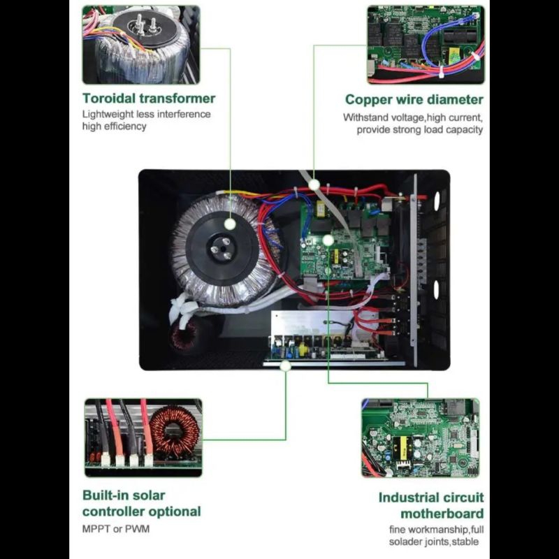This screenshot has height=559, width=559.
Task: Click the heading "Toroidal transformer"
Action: (x=149, y=99)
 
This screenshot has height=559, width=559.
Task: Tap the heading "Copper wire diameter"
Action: (x=414, y=99)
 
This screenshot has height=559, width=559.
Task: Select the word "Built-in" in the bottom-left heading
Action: (x=104, y=495)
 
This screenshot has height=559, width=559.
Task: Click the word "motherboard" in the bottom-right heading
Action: (x=442, y=514)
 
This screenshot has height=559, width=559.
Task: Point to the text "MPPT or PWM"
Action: (x=116, y=529)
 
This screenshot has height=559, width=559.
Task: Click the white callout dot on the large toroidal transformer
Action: (x=230, y=224)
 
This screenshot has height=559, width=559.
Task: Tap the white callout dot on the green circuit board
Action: (x=328, y=240)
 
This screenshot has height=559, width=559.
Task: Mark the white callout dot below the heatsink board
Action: (x=285, y=365)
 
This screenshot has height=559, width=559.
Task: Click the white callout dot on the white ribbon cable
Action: (x=314, y=184)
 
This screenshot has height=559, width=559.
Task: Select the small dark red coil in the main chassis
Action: (x=184, y=335)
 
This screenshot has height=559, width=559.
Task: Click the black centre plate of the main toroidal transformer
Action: (x=222, y=248)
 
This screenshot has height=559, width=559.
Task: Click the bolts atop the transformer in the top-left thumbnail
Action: (x=145, y=26)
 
